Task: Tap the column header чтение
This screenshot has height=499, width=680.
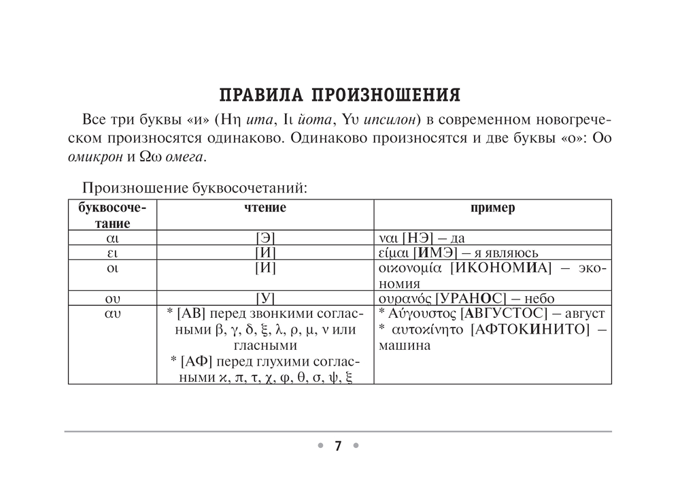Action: [265, 208]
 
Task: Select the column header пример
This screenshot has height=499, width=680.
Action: [492, 208]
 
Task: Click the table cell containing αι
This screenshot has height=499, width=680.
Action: [112, 238]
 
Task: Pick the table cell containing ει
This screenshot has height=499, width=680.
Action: [112, 253]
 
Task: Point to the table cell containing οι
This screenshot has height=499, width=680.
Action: [112, 268]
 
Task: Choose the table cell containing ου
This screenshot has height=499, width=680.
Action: [112, 298]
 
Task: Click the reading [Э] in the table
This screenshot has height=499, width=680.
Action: [265, 238]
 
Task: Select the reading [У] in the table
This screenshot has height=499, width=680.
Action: [265, 298]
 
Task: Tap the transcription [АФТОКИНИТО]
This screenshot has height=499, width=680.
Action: [529, 329]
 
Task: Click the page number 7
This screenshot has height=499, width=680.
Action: [338, 447]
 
